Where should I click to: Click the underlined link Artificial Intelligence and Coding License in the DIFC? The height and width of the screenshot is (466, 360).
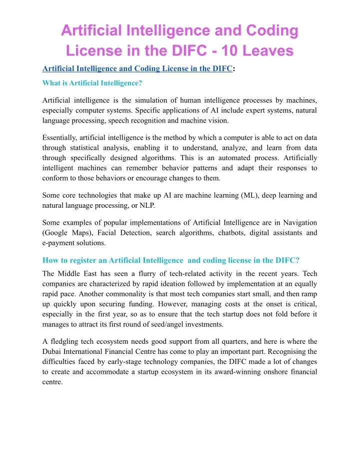[x=137, y=69]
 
